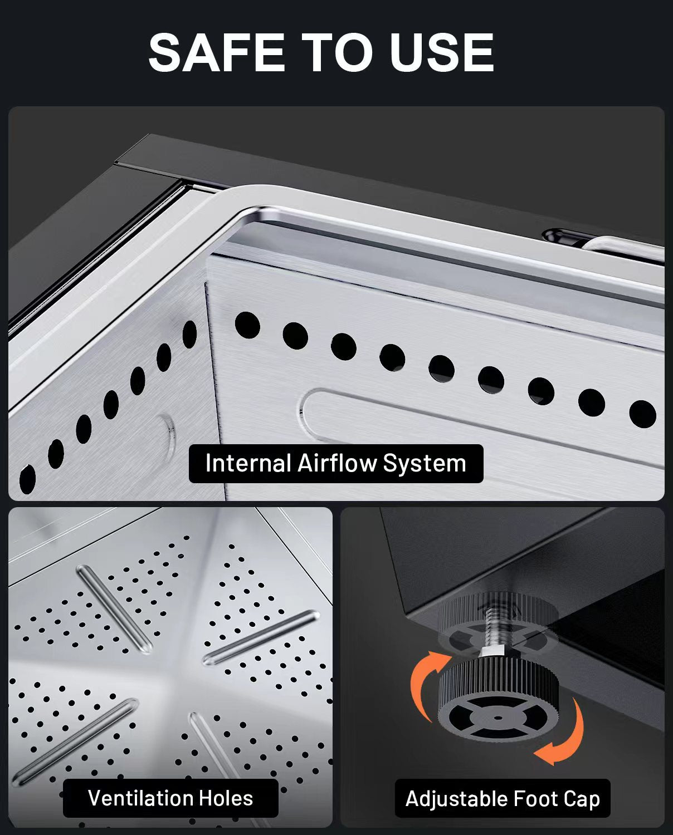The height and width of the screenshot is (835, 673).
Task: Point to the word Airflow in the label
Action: [338, 463]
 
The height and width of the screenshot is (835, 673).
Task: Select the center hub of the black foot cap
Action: [498, 717]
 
